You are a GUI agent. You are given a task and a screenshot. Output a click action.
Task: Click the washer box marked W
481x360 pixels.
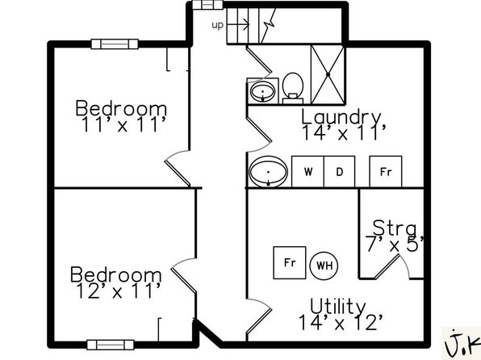(307, 171)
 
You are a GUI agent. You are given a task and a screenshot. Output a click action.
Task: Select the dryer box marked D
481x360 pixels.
(340, 171)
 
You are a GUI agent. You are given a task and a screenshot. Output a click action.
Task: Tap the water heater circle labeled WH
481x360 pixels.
(324, 266)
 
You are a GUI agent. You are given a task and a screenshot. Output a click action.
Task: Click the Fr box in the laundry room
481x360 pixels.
(386, 171)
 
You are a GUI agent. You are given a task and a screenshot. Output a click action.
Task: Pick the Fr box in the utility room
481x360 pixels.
(290, 262)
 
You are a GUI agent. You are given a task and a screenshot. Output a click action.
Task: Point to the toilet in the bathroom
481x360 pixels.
(293, 88)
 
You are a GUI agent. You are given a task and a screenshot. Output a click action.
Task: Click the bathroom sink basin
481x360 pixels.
(262, 91)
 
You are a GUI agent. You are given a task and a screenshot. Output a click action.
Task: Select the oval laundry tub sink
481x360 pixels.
(269, 172)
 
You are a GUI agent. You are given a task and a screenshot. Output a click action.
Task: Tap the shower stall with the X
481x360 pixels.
(328, 74)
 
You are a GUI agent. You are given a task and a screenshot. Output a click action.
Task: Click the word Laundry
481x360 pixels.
(341, 117)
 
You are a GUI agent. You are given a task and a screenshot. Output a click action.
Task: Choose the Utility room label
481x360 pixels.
(337, 306)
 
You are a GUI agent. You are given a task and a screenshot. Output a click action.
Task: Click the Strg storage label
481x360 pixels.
(395, 228)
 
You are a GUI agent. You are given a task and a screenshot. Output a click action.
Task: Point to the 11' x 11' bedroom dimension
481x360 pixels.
(124, 124)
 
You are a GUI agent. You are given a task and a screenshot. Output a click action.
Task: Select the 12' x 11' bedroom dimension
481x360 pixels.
(119, 291)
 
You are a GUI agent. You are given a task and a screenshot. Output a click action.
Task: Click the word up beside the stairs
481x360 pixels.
(218, 25)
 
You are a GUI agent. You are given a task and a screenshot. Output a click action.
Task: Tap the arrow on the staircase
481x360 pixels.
(238, 24)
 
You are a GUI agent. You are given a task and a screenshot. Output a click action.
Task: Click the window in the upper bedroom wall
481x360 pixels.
(115, 44)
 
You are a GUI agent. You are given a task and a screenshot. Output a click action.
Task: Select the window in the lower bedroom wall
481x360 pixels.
(111, 345)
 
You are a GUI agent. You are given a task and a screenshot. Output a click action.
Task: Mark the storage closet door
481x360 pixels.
(387, 267)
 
